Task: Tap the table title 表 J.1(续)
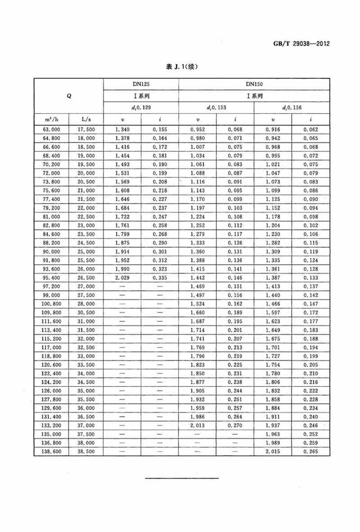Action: click(182, 67)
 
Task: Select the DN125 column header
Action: click(141, 84)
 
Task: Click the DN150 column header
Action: click(254, 84)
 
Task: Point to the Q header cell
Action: click(69, 96)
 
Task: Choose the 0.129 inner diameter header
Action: click(141, 108)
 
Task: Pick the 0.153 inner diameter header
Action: click(216, 108)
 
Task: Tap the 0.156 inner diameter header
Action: click(292, 108)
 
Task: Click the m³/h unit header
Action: click(51, 119)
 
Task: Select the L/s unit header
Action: click(86, 119)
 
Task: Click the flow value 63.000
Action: click(51, 130)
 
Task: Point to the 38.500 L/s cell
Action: click(86, 452)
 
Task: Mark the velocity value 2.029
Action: click(122, 278)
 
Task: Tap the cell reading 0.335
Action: click(160, 278)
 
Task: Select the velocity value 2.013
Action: click(197, 426)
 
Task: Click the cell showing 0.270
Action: click(235, 426)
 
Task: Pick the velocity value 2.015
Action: click(273, 452)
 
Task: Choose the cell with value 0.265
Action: click(310, 452)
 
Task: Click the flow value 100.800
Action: click(51, 304)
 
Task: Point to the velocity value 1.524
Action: click(197, 304)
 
